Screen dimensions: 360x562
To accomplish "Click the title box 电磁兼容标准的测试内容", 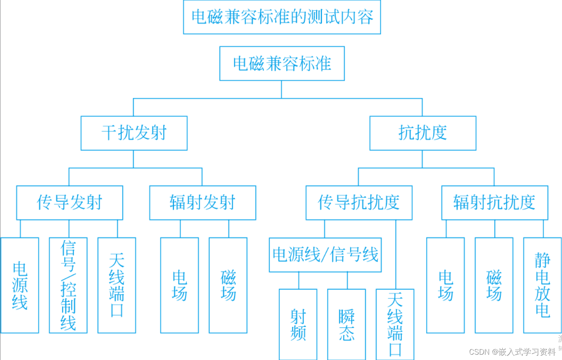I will (282, 17).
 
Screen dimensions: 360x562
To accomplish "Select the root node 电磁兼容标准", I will (282, 63).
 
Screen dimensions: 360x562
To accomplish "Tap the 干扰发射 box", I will (134, 133).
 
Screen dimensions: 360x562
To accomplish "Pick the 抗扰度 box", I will (423, 133).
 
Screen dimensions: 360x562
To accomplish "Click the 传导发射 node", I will (70, 203).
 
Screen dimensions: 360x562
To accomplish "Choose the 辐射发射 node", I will (203, 203).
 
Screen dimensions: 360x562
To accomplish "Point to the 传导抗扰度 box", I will (359, 203).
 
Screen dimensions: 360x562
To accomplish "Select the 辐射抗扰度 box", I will (494, 203).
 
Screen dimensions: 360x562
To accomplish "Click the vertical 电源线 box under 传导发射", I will (20, 285).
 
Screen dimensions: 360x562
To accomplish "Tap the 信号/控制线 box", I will (68, 285).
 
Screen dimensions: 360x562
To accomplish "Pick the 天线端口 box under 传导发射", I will (117, 285).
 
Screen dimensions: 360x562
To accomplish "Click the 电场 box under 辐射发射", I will (179, 285).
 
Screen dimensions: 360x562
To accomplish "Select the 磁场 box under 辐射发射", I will (228, 285).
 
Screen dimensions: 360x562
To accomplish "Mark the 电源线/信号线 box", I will (325, 255).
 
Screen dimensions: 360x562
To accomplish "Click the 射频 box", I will (298, 324).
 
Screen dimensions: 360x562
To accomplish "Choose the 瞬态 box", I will (346, 324).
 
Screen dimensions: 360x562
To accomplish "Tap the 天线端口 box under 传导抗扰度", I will (395, 324).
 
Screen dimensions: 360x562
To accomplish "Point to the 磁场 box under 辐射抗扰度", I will (494, 285).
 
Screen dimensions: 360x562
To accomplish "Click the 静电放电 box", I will (542, 285).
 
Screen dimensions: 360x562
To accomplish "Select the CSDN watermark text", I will (512, 352).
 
